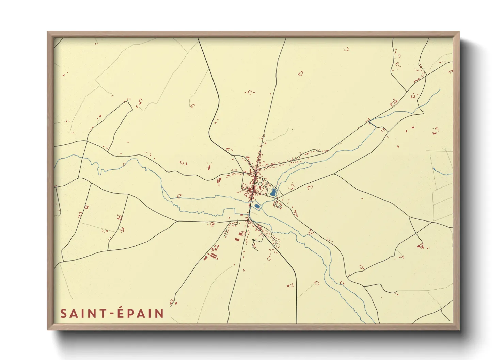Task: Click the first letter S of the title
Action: click(x=63, y=313)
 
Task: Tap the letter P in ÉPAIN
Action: click(x=130, y=313)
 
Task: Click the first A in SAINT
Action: click(x=73, y=313)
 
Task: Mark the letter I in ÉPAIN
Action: click(x=151, y=313)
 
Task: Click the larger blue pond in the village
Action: click(x=273, y=192)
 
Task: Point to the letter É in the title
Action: click(x=121, y=313)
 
